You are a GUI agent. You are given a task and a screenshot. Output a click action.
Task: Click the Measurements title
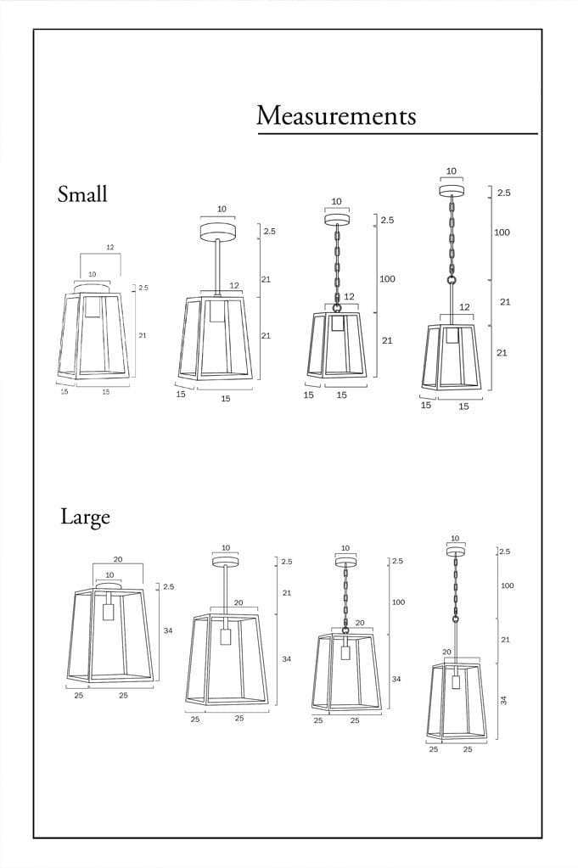pyautogui.click(x=336, y=115)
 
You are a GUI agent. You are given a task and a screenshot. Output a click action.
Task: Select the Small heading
pyautogui.click(x=82, y=193)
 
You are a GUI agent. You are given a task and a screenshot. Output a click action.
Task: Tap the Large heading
pyautogui.click(x=85, y=517)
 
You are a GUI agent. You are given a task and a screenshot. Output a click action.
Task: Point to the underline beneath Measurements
pyautogui.click(x=397, y=133)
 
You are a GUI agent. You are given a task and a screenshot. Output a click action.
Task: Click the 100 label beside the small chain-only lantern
pyautogui.click(x=387, y=278)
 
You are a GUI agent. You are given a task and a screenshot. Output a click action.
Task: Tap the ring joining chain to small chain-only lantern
pyautogui.click(x=336, y=307)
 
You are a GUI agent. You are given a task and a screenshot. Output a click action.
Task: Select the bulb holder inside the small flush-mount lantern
pyautogui.click(x=92, y=305)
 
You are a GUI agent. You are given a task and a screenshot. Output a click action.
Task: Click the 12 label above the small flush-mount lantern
pyautogui.click(x=110, y=247)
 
